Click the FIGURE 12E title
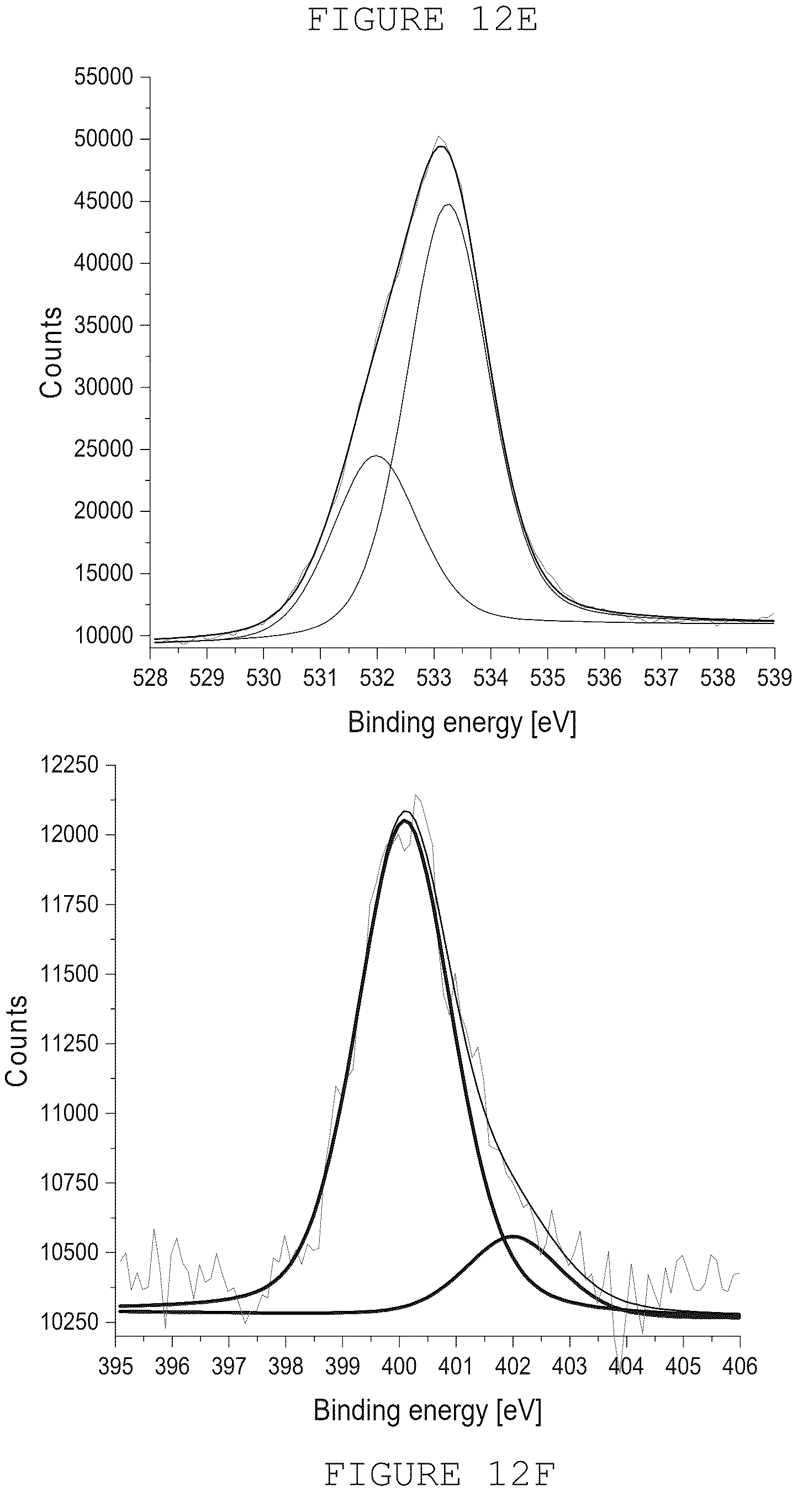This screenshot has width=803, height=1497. pos(422,20)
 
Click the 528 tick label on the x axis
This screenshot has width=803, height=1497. pos(150,678)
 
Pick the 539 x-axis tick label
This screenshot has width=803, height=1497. pos(774,678)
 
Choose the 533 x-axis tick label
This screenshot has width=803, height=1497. pos(434,678)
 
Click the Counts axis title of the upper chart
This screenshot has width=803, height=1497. pos(51,353)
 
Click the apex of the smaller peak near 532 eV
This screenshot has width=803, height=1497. pos(377,456)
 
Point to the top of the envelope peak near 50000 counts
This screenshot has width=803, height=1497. pos(441,146)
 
